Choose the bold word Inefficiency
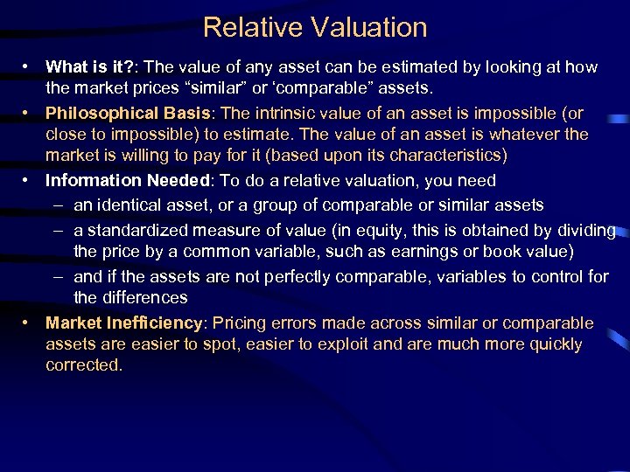pos(156,323)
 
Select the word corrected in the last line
pos(83,365)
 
